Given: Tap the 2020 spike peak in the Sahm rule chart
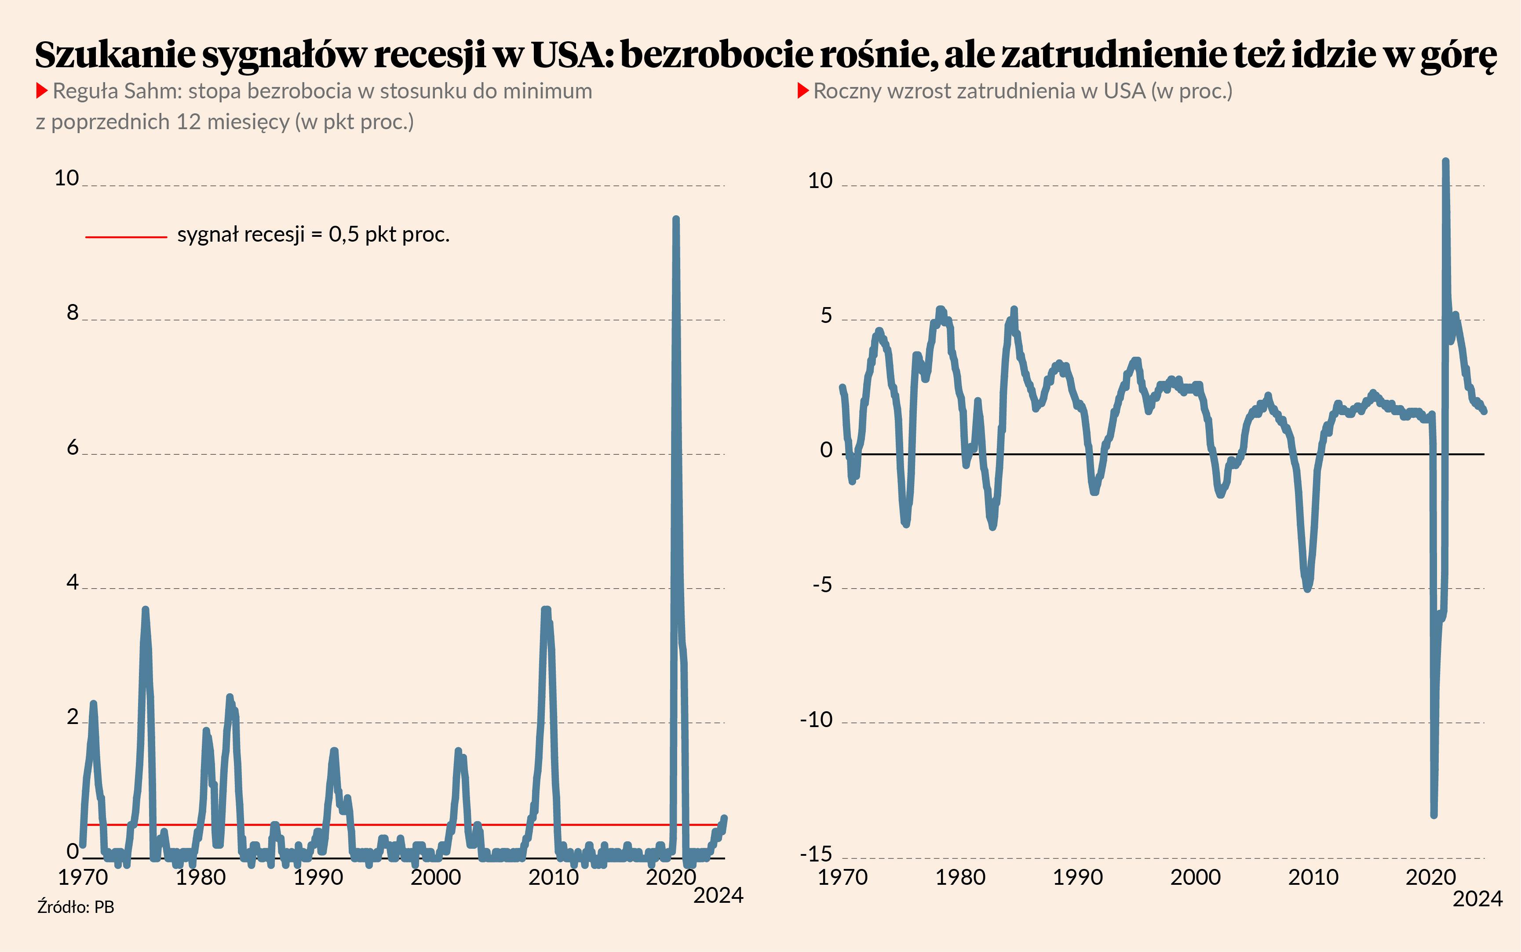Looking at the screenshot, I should pos(675,220).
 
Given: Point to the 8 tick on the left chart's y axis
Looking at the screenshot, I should pos(73,312).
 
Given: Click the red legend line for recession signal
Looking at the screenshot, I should pos(126,237).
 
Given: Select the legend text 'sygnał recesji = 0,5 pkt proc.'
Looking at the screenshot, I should pos(313,234).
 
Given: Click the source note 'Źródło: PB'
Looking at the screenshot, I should pos(76,907).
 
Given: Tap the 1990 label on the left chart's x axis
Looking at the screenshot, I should pos(318,877).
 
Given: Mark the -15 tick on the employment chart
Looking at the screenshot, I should pos(816,854).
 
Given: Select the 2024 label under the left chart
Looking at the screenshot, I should pos(718,895).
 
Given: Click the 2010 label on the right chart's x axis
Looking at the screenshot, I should pos(1313,877).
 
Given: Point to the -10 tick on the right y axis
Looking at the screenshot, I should pos(816,719).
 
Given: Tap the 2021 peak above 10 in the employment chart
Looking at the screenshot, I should pos(1445,162).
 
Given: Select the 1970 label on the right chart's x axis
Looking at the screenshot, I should pos(843,877).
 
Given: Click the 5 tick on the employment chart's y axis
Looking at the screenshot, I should pos(826,315).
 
